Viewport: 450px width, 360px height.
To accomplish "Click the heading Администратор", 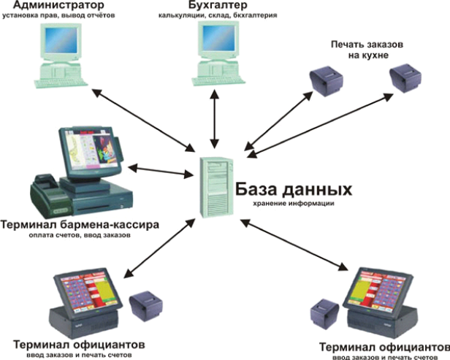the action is [x=59, y=5].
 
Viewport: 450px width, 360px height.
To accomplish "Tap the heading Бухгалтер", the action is [x=218, y=5].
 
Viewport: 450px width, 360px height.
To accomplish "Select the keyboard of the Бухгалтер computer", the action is [x=218, y=81].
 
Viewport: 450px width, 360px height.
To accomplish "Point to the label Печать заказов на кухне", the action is [x=367, y=50].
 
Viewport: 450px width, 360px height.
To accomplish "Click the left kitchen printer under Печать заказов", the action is [x=327, y=81].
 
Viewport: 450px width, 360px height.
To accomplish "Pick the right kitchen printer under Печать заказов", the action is [x=406, y=78].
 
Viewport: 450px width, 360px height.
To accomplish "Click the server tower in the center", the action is [x=217, y=187].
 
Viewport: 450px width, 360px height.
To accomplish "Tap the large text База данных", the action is [x=294, y=189].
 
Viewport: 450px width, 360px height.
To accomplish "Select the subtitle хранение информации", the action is [x=294, y=204].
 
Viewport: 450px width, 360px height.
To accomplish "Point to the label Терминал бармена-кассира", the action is [x=80, y=224].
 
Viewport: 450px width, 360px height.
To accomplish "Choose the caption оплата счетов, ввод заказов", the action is [x=80, y=236].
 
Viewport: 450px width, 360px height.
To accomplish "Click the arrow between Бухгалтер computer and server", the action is [x=214, y=119].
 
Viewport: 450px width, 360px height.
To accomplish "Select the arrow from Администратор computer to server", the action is [x=142, y=120].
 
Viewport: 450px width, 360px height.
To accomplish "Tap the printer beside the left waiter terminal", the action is [x=146, y=306].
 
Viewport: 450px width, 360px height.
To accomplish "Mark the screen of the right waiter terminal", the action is [x=378, y=290].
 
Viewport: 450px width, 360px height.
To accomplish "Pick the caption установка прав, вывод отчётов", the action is [x=59, y=15].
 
